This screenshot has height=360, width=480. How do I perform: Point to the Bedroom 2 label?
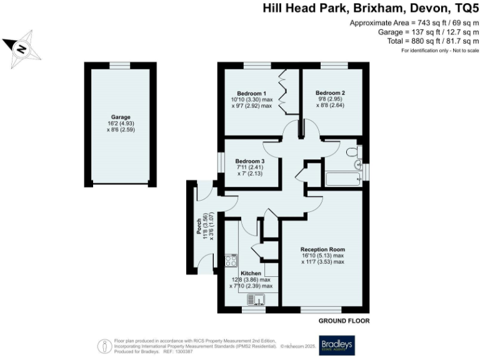pyautogui.click(x=330, y=94)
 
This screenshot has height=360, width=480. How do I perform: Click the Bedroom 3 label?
pyautogui.click(x=250, y=161)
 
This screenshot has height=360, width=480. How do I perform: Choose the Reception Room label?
pyautogui.click(x=322, y=249)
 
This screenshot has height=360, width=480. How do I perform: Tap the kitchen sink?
pyautogui.click(x=256, y=300)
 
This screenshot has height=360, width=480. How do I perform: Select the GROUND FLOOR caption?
pyautogui.click(x=344, y=321)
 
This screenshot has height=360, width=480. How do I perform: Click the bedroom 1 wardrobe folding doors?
pyautogui.click(x=284, y=92)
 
